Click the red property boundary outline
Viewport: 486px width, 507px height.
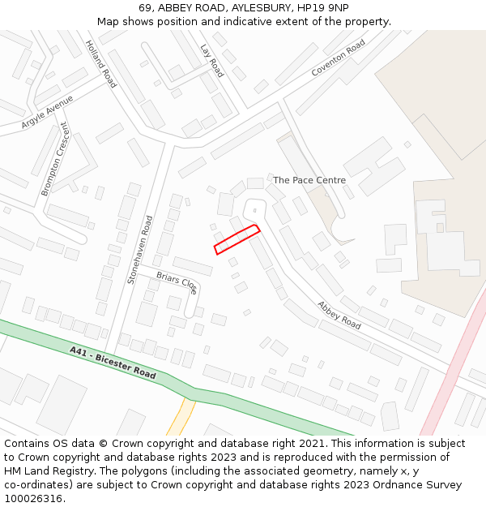(x=237, y=240)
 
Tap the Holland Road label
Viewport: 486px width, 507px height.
(x=101, y=64)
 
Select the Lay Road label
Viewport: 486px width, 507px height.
(x=211, y=61)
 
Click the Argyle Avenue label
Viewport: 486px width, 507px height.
(x=47, y=112)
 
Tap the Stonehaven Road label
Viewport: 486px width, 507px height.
(x=139, y=249)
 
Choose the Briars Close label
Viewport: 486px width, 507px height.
(x=177, y=281)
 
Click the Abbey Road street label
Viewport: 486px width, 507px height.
(x=339, y=315)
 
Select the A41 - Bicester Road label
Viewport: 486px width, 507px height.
(x=113, y=363)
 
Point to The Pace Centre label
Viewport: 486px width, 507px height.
(x=309, y=180)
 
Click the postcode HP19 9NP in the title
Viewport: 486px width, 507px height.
(x=324, y=8)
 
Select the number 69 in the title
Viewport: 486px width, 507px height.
(x=145, y=8)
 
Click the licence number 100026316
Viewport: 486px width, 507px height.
(x=33, y=498)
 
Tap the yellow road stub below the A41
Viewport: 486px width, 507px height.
(x=180, y=417)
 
